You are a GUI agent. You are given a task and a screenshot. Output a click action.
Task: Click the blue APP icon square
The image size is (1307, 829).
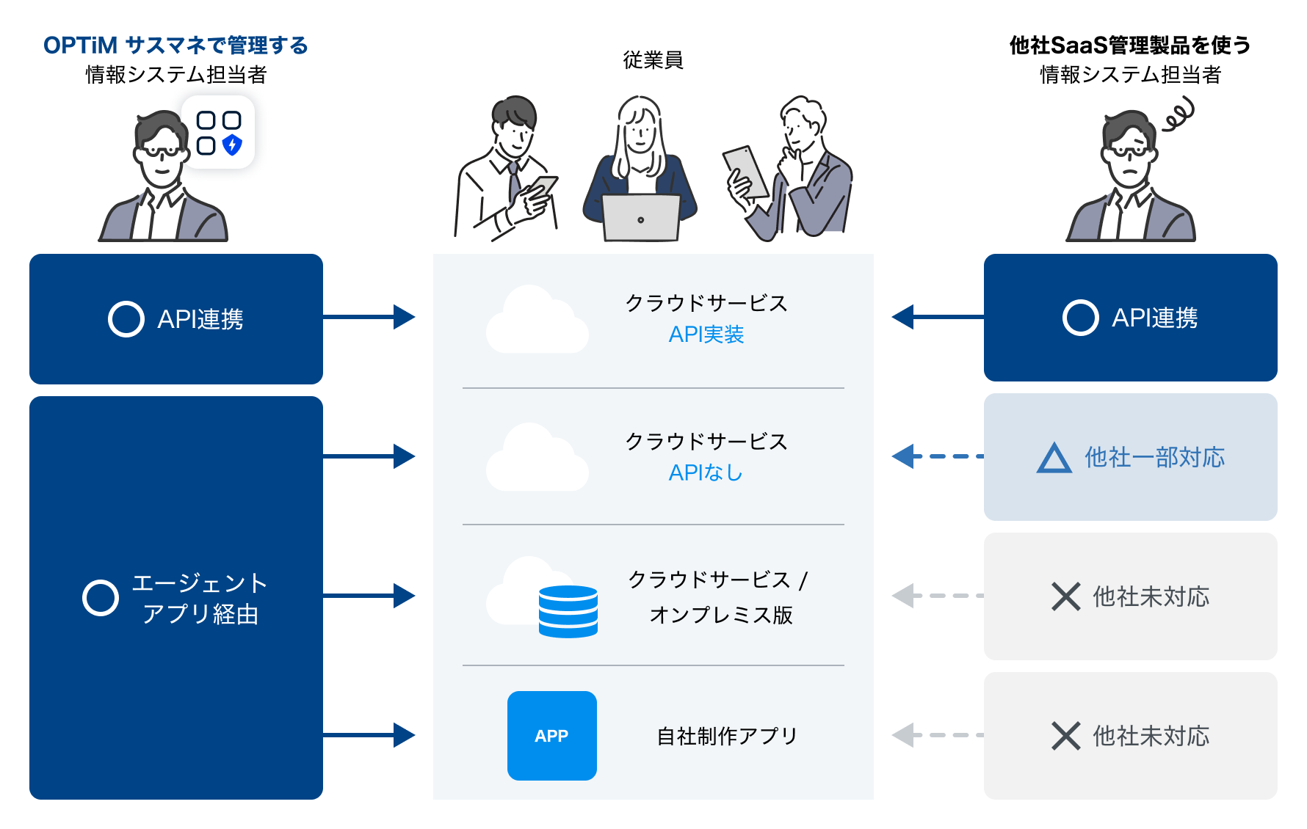pos(551,735)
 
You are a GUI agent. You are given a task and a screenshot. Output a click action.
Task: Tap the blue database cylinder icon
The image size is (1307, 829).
pos(568,611)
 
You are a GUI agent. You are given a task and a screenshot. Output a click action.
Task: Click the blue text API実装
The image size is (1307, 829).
pos(706,335)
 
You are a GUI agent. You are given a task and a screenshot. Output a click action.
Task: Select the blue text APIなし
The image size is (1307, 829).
pos(706,472)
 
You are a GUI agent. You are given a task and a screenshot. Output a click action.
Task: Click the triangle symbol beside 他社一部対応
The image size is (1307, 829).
pos(1054,458)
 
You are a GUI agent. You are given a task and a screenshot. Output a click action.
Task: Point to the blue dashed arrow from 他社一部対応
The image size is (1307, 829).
pos(937,456)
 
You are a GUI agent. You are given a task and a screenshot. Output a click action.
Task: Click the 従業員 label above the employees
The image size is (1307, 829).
pos(653,60)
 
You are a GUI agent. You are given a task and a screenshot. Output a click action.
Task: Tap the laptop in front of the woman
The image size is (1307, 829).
pos(640,218)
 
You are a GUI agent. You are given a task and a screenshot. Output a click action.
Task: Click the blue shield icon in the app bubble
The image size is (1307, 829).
pos(232,145)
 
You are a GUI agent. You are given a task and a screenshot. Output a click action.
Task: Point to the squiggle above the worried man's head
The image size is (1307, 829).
pos(1179,116)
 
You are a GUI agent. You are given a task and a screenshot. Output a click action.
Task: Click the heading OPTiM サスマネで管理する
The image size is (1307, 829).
pos(175,45)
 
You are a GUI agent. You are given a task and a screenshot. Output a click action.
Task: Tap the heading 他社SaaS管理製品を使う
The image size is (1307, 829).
pos(1130,45)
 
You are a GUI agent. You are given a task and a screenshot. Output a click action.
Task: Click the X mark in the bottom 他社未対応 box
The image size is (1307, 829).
pos(1065,736)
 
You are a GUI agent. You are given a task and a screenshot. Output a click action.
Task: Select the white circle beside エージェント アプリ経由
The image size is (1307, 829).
pos(101,598)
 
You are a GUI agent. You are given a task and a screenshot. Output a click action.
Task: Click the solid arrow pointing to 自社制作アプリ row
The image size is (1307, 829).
pos(369,735)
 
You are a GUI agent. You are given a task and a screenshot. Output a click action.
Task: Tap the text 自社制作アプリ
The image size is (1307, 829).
pos(726,736)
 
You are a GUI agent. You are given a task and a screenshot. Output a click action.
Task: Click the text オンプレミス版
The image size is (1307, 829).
pos(720,615)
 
